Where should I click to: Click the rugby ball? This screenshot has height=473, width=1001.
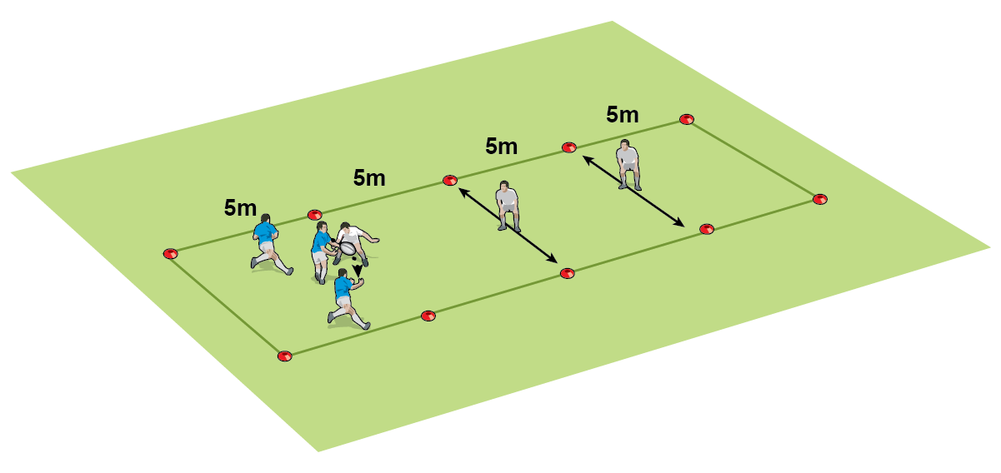click(x=347, y=248)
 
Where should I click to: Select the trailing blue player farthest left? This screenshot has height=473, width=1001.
click(x=268, y=242)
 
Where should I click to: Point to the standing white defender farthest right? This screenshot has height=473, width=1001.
click(x=628, y=165)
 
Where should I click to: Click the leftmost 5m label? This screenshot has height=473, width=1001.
click(x=240, y=208)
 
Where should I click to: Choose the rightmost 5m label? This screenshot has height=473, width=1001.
click(x=622, y=115)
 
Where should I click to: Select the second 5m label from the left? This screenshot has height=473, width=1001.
click(x=369, y=177)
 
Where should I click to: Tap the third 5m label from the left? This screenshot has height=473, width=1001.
click(x=501, y=147)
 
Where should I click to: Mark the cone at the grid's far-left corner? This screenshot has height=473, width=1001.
click(x=170, y=253)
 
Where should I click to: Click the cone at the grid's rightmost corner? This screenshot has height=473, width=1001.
click(x=820, y=199)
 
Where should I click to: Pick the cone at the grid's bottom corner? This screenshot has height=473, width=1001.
click(x=284, y=356)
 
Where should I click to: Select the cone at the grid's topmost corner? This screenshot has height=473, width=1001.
click(x=686, y=119)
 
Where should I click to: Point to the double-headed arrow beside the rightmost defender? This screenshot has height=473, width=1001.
click(x=633, y=190)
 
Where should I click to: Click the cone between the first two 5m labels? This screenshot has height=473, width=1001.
click(x=314, y=215)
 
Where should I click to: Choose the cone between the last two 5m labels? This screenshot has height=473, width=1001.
click(x=568, y=147)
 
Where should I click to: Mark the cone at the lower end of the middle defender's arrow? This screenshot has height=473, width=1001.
click(x=568, y=272)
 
